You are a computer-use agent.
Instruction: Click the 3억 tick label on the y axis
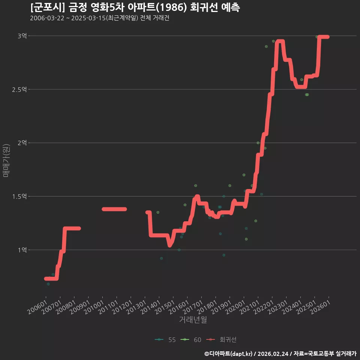[x=22, y=36]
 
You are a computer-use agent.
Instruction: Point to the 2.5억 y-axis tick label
[x=19, y=89]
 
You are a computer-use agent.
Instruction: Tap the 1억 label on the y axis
[x=22, y=250]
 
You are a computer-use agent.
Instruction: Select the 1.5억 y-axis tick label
[x=19, y=196]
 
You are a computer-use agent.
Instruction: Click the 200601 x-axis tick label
[x=37, y=307]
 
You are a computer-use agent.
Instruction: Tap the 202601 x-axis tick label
[x=320, y=307]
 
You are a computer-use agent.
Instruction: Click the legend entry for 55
[x=165, y=340]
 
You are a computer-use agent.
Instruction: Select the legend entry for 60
[x=191, y=340]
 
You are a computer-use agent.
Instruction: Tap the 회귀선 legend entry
[x=221, y=340]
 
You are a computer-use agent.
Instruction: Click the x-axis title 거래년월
[x=193, y=319]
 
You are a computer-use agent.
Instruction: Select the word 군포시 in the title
[x=48, y=7]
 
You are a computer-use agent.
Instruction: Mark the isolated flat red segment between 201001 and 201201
[x=114, y=209]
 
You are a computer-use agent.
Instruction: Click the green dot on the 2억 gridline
[x=258, y=143]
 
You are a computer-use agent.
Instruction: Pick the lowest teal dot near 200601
[x=48, y=284]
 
